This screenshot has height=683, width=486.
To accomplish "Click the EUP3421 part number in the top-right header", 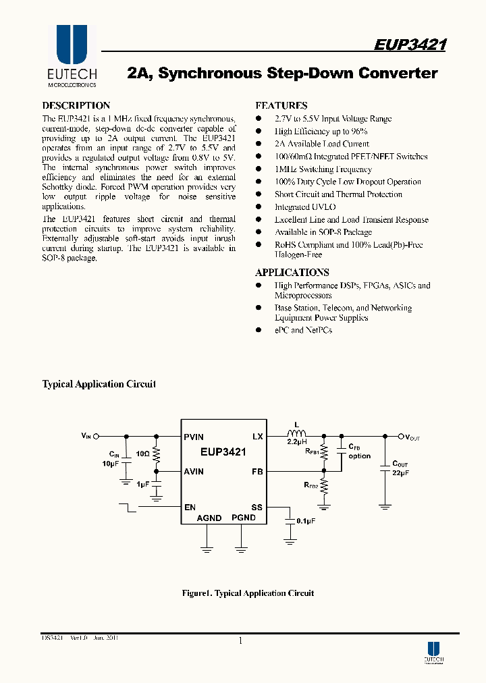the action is [x=410, y=45].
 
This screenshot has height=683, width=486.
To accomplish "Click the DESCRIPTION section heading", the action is [x=76, y=106].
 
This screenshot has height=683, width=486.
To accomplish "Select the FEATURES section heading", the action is [x=281, y=106].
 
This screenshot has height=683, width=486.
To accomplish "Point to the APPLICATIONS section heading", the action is [x=292, y=273].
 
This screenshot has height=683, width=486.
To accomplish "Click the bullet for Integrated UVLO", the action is [x=259, y=207].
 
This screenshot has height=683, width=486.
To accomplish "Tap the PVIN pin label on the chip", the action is [x=194, y=437].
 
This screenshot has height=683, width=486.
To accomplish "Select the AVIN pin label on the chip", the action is [x=194, y=472].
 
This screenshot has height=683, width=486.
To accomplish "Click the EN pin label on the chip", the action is [x=190, y=508].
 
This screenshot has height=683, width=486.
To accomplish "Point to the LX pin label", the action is [x=257, y=437].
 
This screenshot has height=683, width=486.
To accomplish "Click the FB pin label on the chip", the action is [x=257, y=472].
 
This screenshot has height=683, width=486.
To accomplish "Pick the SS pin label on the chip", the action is [x=257, y=508].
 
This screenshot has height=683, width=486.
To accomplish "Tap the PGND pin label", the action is [x=244, y=518].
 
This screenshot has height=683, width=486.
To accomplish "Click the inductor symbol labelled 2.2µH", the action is [x=296, y=434].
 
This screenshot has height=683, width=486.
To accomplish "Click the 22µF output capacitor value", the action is [x=401, y=472].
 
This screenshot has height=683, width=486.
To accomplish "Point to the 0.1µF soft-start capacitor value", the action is [x=306, y=521].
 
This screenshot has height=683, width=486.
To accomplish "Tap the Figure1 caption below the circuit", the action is [x=248, y=593].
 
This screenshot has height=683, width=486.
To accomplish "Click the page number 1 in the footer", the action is [x=240, y=641].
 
